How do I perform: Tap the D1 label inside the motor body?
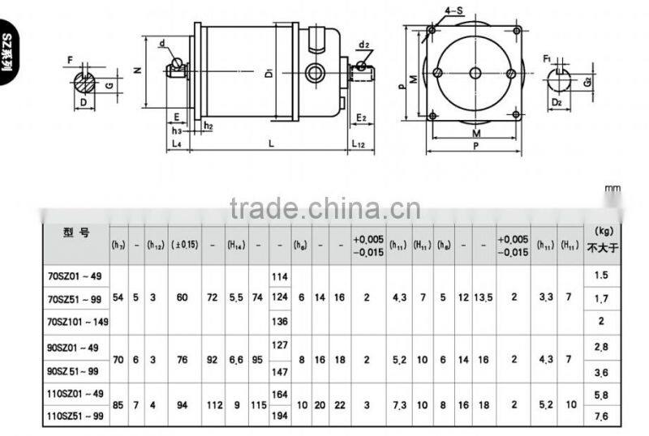268,75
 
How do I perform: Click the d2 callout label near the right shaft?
364,45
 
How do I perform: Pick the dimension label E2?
361,118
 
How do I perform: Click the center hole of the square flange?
475,74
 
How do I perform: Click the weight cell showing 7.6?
601,417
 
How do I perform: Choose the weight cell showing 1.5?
601,276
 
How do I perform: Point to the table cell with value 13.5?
481,298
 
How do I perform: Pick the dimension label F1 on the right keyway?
548,59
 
